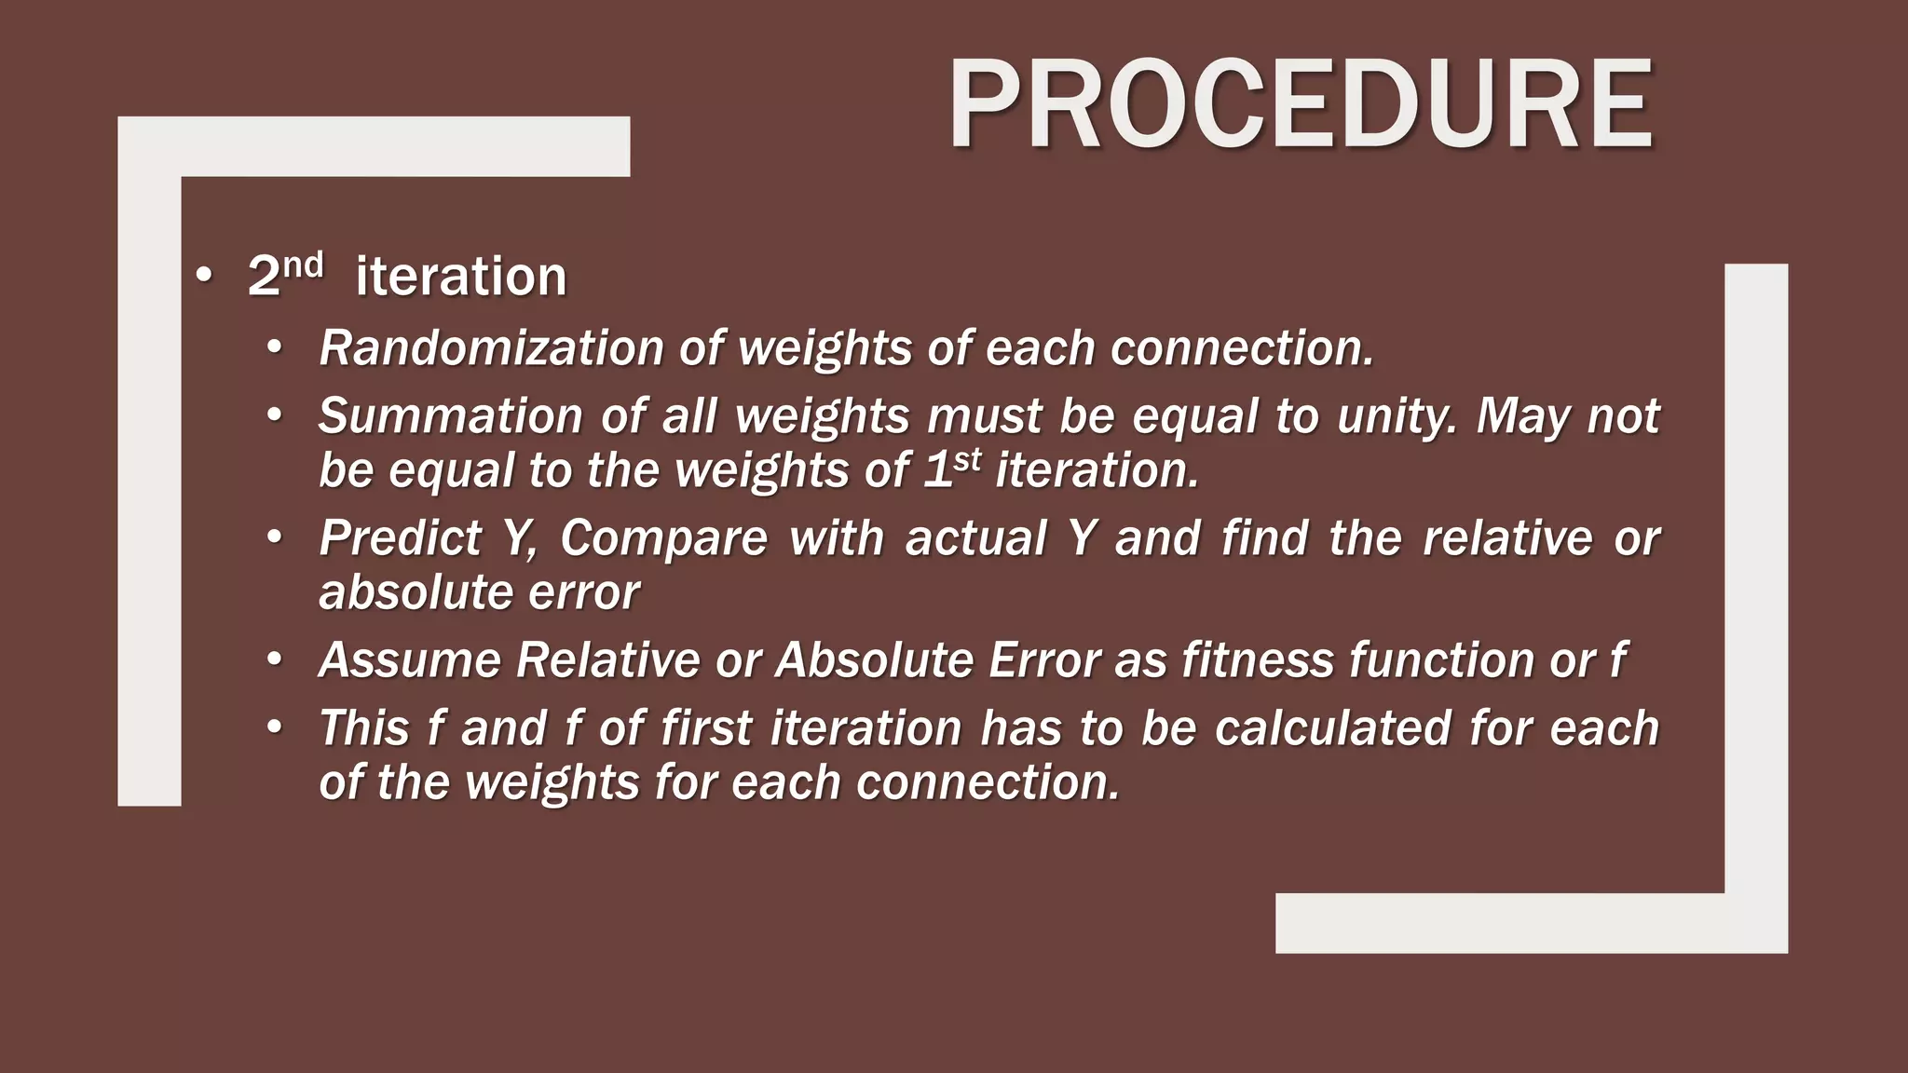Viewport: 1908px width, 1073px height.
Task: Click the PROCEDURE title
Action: (1301, 104)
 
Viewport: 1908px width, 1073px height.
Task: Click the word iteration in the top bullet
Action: (461, 277)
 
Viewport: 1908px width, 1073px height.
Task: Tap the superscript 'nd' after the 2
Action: (303, 265)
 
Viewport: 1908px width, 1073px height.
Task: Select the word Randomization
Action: (492, 348)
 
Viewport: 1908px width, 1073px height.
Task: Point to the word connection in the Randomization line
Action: (1241, 348)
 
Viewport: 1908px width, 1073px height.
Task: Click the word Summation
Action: (450, 415)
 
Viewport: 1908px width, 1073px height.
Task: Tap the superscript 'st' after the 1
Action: (968, 458)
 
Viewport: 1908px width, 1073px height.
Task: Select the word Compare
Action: (662, 538)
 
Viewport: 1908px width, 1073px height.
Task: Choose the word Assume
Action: (409, 660)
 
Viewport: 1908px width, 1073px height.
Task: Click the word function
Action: (1440, 660)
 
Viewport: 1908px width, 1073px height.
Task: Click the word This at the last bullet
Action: (364, 728)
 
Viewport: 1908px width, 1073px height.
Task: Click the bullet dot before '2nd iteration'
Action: (204, 277)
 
